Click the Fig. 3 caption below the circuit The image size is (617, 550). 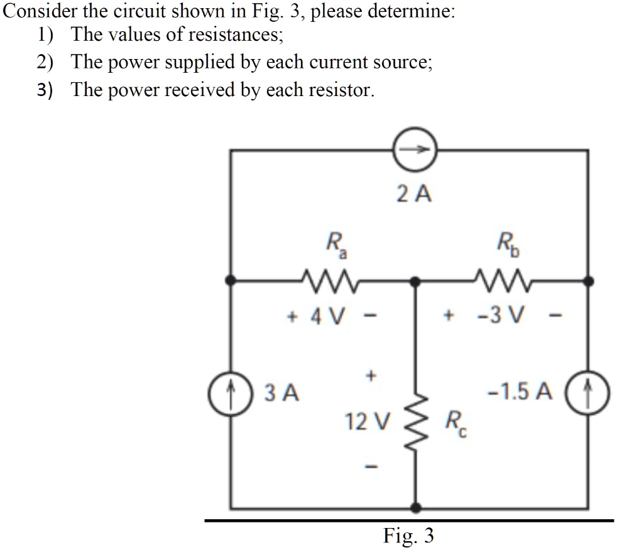(408, 536)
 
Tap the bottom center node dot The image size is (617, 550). (415, 507)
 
